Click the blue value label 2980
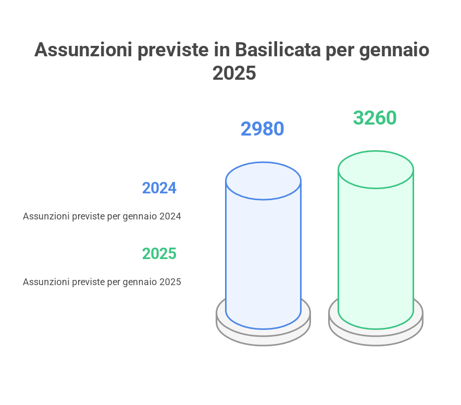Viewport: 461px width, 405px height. click(262, 129)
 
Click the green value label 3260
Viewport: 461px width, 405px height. click(375, 118)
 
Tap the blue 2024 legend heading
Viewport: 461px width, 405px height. click(159, 188)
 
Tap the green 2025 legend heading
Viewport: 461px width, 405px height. click(159, 253)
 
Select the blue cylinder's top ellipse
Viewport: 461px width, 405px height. click(263, 181)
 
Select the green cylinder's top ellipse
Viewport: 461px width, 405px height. click(376, 170)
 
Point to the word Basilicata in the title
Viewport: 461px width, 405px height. click(278, 50)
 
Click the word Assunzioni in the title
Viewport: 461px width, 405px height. click(83, 50)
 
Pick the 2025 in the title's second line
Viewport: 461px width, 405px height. click(234, 73)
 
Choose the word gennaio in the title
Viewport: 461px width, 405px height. click(394, 50)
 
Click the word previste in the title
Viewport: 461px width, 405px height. click(173, 50)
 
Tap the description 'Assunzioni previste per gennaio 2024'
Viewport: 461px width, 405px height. click(102, 216)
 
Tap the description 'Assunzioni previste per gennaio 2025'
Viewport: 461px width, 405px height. click(102, 282)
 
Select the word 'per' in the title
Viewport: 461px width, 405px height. click(340, 51)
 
